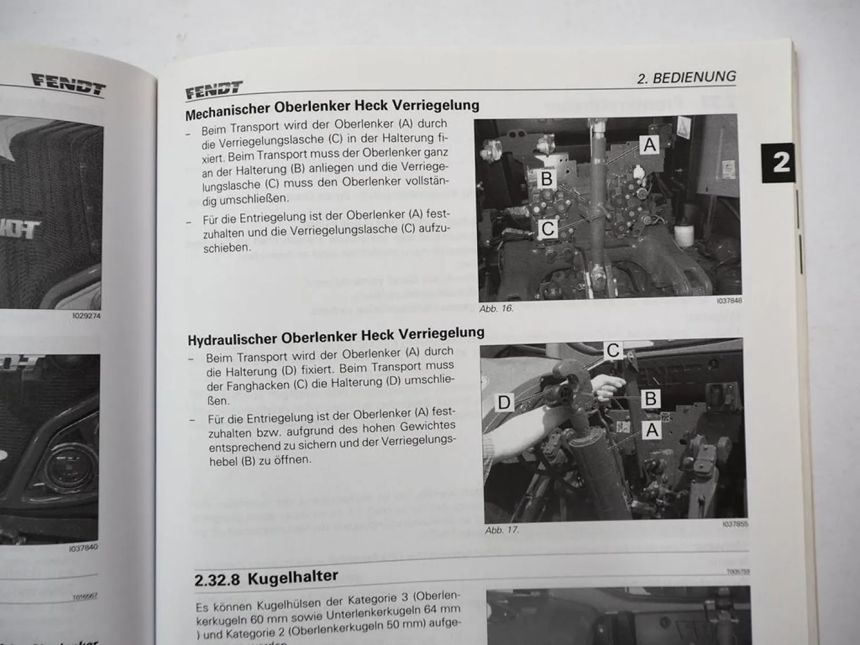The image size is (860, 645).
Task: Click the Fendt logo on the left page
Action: [x=69, y=84]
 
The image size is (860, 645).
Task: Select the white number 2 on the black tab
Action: [x=780, y=163]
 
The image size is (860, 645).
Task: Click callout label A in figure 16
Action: [x=649, y=144]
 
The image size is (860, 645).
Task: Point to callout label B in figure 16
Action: [x=546, y=179]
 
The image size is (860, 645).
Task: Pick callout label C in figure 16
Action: [x=548, y=229]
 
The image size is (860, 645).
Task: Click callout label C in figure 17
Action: [x=613, y=350]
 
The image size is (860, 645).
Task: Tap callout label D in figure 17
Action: [x=504, y=402]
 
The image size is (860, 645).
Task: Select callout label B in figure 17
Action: [x=651, y=398]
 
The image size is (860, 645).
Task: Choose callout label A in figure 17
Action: [x=652, y=429]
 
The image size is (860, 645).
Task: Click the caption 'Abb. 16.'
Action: [x=496, y=308]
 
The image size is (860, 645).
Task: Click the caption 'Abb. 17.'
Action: [x=502, y=530]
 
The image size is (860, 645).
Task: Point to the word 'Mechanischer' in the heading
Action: [x=228, y=111]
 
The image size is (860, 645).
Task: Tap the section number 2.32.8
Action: [x=217, y=580]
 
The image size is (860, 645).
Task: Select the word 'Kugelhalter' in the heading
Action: [x=292, y=576]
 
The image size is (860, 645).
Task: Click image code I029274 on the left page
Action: [x=86, y=315]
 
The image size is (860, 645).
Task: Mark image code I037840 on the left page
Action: [x=83, y=548]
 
